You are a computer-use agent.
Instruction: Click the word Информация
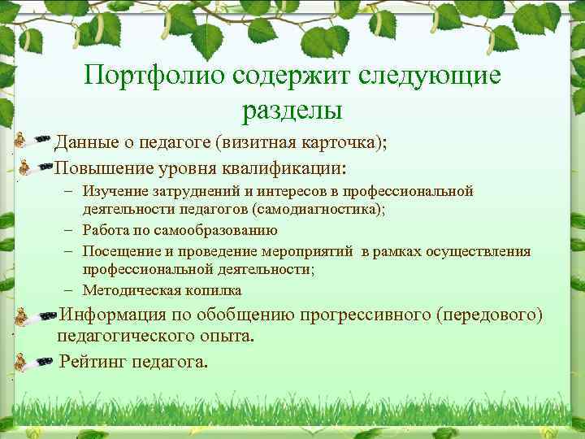pyautogui.click(x=117, y=315)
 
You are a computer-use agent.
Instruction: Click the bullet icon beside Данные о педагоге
pyautogui.click(x=34, y=143)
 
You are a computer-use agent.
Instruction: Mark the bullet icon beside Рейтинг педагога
pyautogui.click(x=34, y=363)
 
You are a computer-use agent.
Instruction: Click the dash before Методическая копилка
pyautogui.click(x=71, y=289)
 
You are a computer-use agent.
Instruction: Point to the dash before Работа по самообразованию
pyautogui.click(x=71, y=230)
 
